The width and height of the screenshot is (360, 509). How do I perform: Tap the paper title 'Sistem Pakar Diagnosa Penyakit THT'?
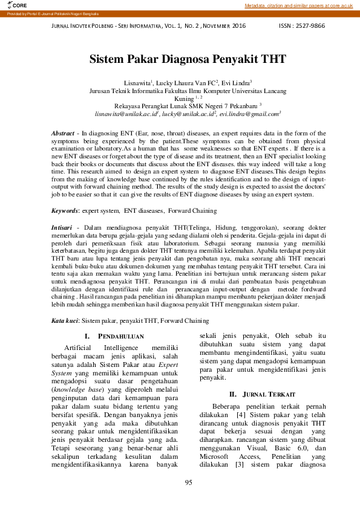[x=188, y=59]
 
